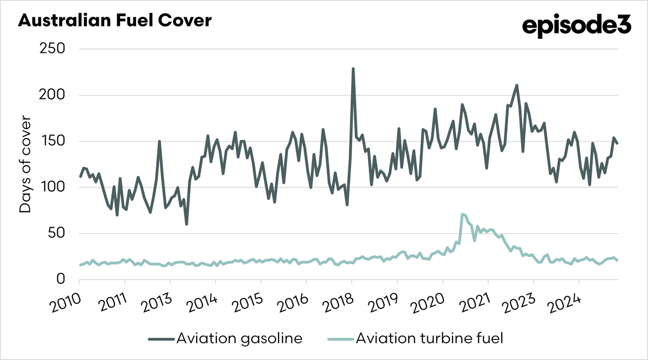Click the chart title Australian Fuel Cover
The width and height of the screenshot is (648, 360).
coord(115,21)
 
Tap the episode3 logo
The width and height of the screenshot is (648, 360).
coord(576,25)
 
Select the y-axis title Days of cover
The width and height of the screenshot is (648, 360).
coord(25,164)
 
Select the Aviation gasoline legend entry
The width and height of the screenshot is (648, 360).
coord(226,338)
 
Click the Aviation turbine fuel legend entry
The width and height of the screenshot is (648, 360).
coord(415,338)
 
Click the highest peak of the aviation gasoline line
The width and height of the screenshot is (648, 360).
coord(353,69)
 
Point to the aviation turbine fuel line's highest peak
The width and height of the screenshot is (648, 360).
coord(462,214)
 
